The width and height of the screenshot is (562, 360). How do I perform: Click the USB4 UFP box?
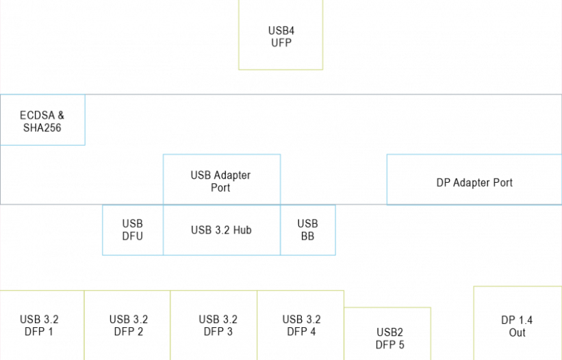(x=281, y=36)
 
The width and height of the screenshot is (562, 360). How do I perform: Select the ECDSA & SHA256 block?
(x=42, y=120)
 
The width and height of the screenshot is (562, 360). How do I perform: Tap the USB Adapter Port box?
(x=221, y=180)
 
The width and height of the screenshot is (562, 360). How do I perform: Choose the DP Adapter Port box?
(x=474, y=180)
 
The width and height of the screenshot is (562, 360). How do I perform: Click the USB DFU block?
(x=133, y=231)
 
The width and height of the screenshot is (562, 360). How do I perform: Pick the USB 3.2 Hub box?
(x=221, y=231)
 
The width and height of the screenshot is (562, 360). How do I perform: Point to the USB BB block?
(x=307, y=231)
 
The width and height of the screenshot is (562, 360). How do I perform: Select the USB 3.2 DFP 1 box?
(x=42, y=326)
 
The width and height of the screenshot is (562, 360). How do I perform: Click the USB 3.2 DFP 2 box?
(x=127, y=326)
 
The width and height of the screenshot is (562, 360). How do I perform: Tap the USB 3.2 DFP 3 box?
(x=214, y=326)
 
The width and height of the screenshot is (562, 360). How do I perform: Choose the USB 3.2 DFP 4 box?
(x=301, y=326)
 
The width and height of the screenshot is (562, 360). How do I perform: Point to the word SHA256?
(x=42, y=127)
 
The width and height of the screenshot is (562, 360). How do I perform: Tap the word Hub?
(x=242, y=231)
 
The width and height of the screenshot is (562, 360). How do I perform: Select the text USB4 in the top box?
(x=281, y=31)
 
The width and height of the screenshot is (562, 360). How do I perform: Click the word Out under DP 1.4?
(x=517, y=333)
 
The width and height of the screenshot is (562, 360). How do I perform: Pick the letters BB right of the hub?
(x=307, y=237)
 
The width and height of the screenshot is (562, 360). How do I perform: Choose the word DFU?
(x=133, y=237)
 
